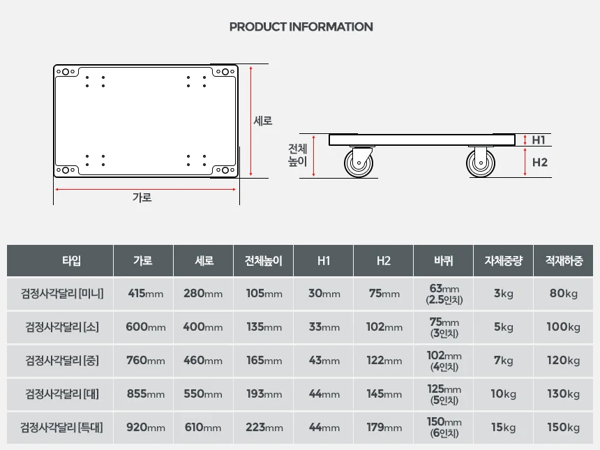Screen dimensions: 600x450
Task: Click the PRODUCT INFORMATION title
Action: pos(301,27)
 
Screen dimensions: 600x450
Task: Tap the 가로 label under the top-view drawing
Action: pos(142,197)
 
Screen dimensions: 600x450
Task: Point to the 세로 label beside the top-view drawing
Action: pos(263,121)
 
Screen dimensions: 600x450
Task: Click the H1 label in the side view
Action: pos(539,140)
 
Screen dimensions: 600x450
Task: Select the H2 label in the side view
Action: pos(539,163)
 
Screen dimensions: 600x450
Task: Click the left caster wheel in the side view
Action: pos(359,163)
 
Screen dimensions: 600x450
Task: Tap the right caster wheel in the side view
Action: pos(481,163)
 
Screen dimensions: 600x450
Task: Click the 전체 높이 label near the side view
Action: pos(298,155)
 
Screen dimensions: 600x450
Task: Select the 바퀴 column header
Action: pos(444,261)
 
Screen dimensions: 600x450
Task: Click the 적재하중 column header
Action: pos(564,261)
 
